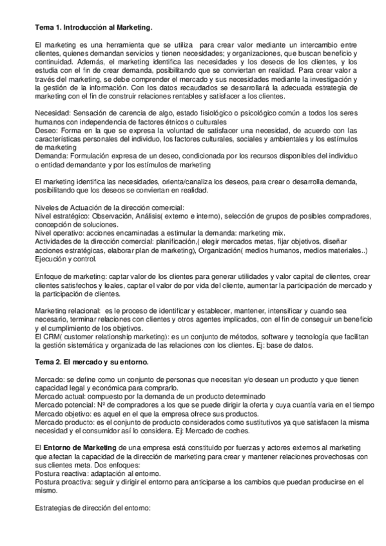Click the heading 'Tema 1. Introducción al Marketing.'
[93, 27]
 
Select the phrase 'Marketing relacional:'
[71, 310]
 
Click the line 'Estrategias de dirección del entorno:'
[92, 508]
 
